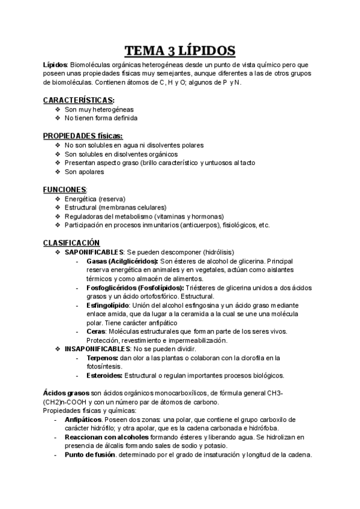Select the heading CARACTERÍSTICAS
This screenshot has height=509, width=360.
[79, 100]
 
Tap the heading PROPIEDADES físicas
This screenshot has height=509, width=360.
[83, 136]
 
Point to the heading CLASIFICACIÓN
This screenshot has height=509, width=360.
[70, 242]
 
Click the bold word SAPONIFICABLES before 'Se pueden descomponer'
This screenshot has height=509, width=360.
[94, 251]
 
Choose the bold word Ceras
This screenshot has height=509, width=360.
[97, 332]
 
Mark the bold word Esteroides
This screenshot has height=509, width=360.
[104, 375]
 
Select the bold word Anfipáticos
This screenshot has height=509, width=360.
[83, 420]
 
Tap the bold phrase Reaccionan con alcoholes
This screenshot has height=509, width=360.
[104, 437]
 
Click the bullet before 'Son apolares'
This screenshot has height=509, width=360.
[57, 172]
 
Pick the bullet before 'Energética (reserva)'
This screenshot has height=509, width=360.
[57, 199]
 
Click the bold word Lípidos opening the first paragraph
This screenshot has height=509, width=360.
[56, 64]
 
